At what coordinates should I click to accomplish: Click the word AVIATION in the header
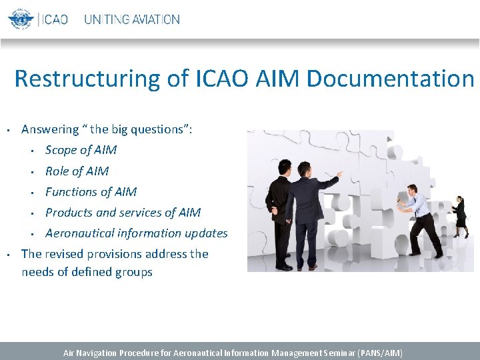[x=156, y=19]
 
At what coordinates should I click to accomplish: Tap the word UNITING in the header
[x=107, y=19]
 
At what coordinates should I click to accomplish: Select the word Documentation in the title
[x=389, y=79]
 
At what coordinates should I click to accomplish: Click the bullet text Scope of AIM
[x=81, y=150]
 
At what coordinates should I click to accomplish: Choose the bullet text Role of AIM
[x=77, y=171]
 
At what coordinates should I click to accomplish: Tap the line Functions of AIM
[x=91, y=191]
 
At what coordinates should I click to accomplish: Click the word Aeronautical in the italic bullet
[x=79, y=233]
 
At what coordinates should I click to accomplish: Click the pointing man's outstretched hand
[x=341, y=174]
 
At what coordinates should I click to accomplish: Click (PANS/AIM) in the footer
[x=381, y=353]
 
